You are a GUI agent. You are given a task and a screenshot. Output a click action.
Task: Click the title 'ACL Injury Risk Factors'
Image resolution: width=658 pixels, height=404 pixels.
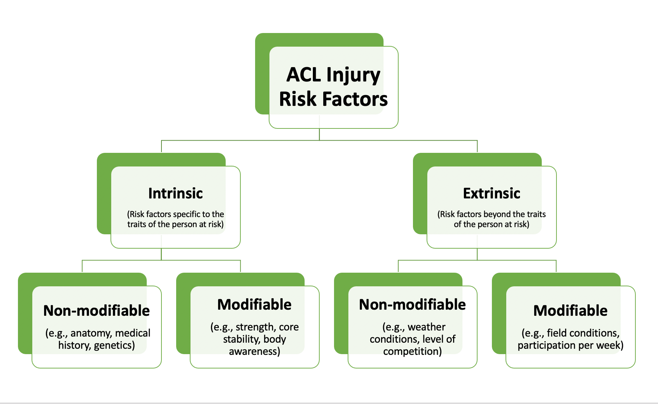pyautogui.click(x=333, y=87)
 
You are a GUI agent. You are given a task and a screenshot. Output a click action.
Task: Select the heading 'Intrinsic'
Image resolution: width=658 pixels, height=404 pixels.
pyautogui.click(x=175, y=193)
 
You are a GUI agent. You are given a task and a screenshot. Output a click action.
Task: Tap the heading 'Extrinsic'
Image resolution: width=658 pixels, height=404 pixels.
pyautogui.click(x=492, y=193)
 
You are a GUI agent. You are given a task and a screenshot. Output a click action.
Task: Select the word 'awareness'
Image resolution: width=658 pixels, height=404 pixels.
pyautogui.click(x=253, y=351)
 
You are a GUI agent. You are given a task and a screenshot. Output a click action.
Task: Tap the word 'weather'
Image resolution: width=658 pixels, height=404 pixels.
pyautogui.click(x=427, y=327)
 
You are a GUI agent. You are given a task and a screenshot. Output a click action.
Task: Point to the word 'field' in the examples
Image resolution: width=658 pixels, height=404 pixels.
pyautogui.click(x=556, y=333)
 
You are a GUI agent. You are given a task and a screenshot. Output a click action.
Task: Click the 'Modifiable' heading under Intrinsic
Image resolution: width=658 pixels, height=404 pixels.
pyautogui.click(x=254, y=305)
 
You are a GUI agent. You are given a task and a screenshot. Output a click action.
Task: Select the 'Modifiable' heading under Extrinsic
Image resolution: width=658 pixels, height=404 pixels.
pyautogui.click(x=570, y=311)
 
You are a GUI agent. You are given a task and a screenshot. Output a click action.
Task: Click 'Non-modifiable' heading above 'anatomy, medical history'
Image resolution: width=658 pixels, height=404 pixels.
pyautogui.click(x=97, y=311)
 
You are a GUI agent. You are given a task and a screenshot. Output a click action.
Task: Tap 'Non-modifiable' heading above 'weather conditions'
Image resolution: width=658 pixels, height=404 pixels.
pyautogui.click(x=412, y=305)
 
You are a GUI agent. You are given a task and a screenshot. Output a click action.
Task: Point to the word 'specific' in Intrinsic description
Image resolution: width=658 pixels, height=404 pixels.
pyautogui.click(x=187, y=215)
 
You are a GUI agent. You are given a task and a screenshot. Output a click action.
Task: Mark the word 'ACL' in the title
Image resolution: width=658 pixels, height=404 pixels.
pyautogui.click(x=304, y=75)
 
